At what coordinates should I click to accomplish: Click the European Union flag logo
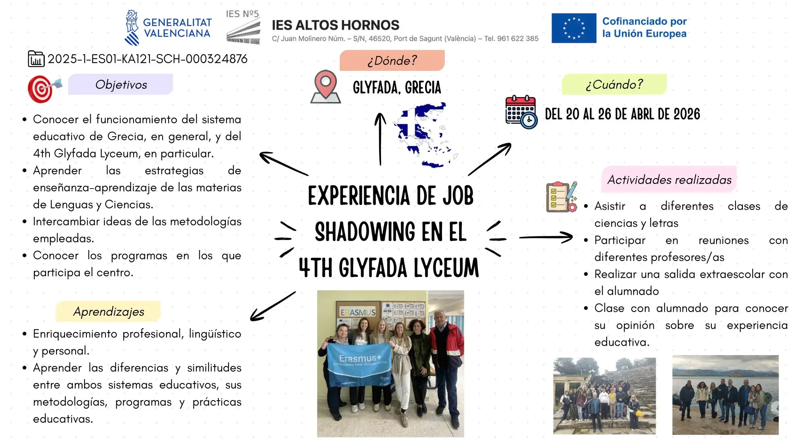[x=574, y=28]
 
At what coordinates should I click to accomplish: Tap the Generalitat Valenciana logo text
[x=177, y=28]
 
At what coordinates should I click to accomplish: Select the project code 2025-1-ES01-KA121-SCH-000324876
[x=147, y=59]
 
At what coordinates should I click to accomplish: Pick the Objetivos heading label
[x=121, y=84]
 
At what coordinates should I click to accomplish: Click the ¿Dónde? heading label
[x=392, y=60]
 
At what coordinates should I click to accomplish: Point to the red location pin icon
[x=326, y=86]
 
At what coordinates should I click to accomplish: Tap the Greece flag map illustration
[x=426, y=135]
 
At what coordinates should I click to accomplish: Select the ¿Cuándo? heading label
[x=614, y=84]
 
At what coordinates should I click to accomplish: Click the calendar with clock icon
[x=521, y=112]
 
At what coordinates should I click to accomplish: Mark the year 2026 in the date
[x=686, y=114]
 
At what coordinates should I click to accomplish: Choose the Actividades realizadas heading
[x=669, y=180]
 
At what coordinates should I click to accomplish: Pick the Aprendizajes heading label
[x=109, y=311]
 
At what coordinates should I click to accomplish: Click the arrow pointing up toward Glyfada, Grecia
[x=380, y=139]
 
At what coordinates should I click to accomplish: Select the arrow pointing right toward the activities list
[x=546, y=237]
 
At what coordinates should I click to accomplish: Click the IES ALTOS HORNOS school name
[x=335, y=25]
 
